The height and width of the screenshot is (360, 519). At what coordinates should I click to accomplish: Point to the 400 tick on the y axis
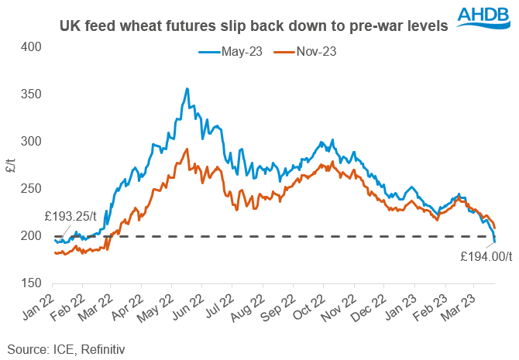[x=32, y=47]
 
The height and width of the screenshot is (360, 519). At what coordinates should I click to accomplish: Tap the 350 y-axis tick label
[x=32, y=94]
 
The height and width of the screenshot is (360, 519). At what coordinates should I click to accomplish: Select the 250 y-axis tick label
[x=32, y=189]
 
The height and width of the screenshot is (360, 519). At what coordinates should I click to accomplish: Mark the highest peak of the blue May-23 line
[x=187, y=89]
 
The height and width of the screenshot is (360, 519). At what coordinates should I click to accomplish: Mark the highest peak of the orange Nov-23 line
[x=186, y=149]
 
